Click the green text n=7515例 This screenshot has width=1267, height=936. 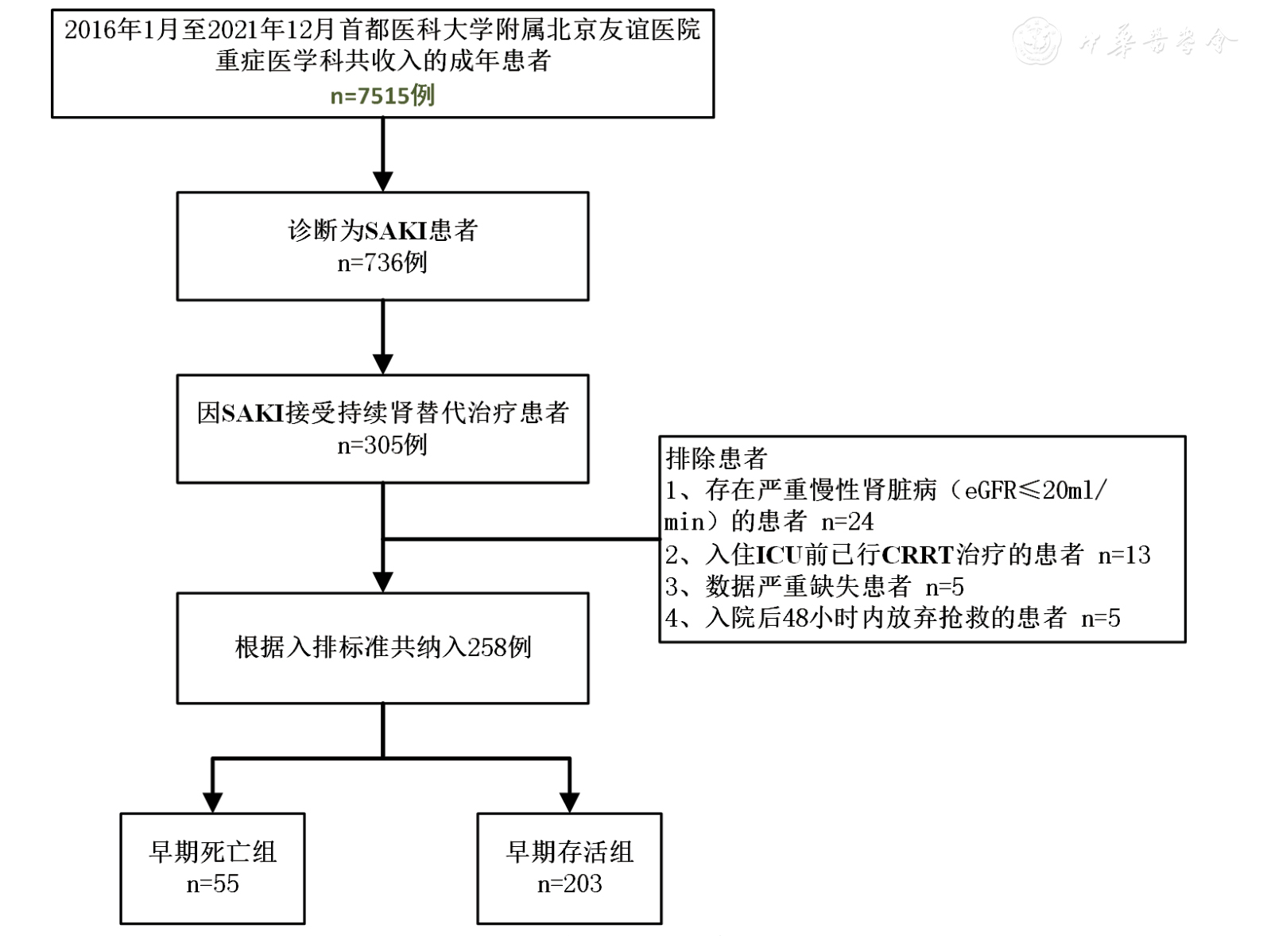coord(382,95)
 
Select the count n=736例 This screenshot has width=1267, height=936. coord(382,262)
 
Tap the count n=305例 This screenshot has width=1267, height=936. coord(382,445)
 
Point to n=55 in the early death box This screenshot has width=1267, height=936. coord(212,884)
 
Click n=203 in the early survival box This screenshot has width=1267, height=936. coord(569,884)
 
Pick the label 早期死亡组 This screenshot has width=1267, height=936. coord(212,852)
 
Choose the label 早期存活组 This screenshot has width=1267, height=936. coord(569,852)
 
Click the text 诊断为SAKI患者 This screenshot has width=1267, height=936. coord(382,231)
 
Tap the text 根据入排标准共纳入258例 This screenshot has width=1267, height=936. coord(382,647)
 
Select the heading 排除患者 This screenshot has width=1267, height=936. coord(716,458)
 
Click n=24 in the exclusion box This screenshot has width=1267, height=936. coord(847,522)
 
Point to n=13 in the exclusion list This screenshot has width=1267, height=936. coord(1124,554)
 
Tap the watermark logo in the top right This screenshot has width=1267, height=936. coord(1036,40)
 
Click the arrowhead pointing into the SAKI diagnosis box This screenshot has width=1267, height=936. coord(383,181)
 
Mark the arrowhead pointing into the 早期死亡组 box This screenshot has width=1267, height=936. coord(212,801)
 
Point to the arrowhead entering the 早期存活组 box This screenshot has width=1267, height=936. coord(569,801)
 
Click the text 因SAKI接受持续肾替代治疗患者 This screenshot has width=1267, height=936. coord(382,413)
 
